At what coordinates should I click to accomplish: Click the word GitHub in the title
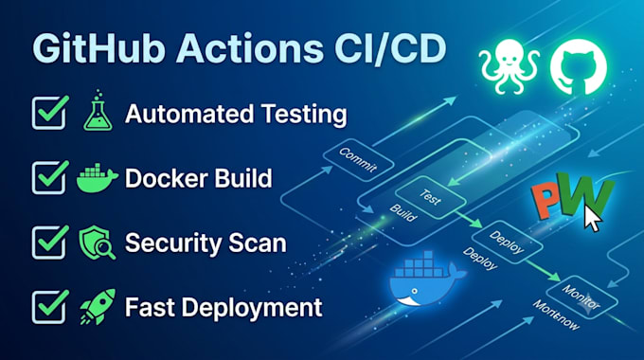99,48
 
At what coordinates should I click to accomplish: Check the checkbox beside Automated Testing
50,112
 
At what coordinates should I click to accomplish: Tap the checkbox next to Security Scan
50,242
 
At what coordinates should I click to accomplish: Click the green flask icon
98,111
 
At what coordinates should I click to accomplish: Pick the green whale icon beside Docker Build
98,178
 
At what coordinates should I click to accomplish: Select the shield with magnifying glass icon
97,243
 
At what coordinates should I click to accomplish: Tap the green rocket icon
98,307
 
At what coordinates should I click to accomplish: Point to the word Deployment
252,308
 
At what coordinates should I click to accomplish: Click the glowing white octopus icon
510,65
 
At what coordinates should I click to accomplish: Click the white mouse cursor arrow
593,218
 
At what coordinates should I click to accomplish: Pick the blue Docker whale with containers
426,279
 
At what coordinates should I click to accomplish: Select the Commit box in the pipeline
358,160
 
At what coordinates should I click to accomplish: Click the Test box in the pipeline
430,197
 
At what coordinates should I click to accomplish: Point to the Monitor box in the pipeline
582,297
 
